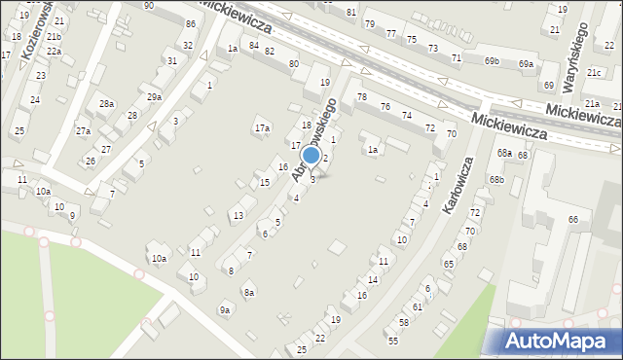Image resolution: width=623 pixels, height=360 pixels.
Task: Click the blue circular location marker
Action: pyautogui.click(x=311, y=155)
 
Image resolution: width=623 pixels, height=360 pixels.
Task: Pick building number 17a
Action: pyautogui.click(x=261, y=127)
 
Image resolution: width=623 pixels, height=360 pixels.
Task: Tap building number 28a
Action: pyautogui.click(x=106, y=103)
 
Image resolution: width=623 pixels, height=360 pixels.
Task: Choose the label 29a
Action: pyautogui.click(x=154, y=96)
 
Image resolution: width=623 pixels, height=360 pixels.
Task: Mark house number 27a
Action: pyautogui.click(x=84, y=130)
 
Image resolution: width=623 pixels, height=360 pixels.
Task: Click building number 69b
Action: pyautogui.click(x=493, y=60)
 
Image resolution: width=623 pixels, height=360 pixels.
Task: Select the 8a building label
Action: pyautogui.click(x=249, y=292)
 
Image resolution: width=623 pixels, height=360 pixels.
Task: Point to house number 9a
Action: pyautogui.click(x=225, y=309)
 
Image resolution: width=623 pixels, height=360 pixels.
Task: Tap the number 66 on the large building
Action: pyautogui.click(x=573, y=219)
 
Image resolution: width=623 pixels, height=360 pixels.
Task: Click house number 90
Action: pyautogui.click(x=148, y=6)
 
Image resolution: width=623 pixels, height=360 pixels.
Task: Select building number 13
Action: pyautogui.click(x=238, y=215)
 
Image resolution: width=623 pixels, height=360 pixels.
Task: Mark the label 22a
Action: pyautogui.click(x=54, y=52)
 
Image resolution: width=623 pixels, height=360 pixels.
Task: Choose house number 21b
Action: pyautogui.click(x=54, y=37)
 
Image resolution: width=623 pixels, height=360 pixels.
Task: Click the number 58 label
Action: pyautogui.click(x=403, y=322)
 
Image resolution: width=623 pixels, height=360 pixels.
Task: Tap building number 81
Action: pyautogui.click(x=350, y=12)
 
